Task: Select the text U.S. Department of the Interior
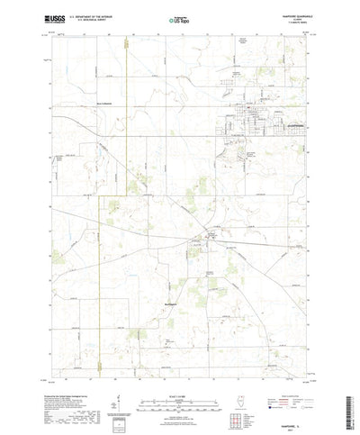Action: (x=96, y=14)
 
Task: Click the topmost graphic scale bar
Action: (x=180, y=370)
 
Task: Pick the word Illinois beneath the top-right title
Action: (x=293, y=17)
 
